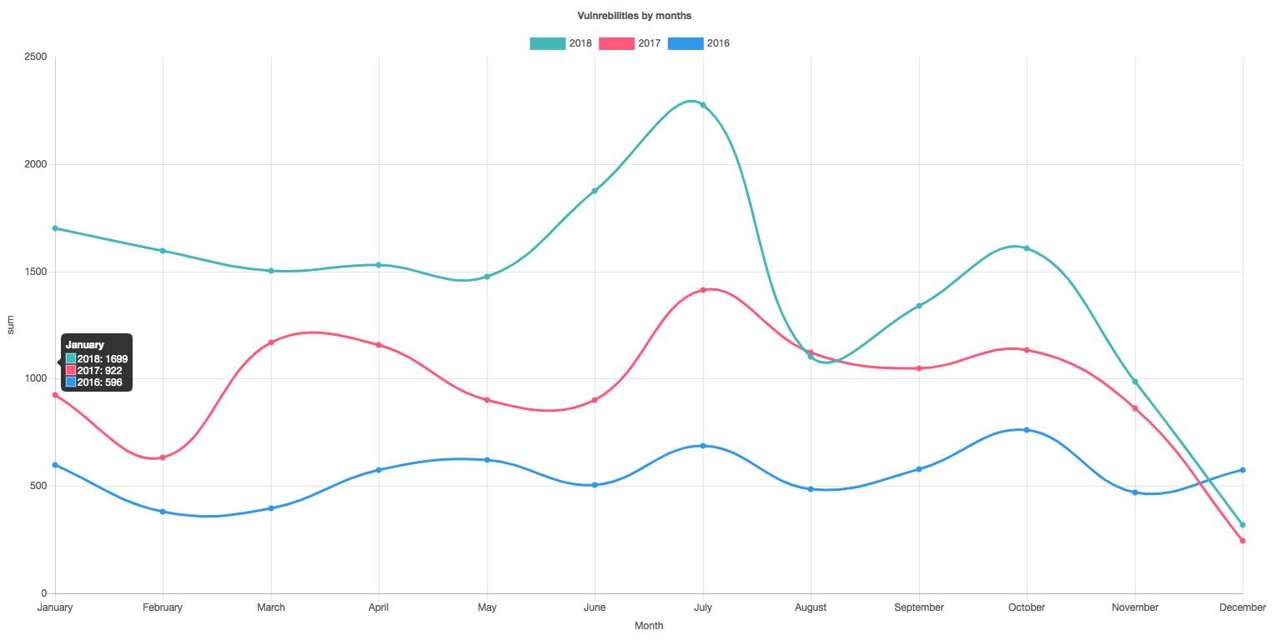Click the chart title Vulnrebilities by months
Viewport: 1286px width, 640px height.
(634, 16)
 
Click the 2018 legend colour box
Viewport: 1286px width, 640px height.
(547, 43)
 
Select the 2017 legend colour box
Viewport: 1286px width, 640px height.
(616, 43)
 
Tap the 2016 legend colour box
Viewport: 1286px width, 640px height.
(686, 43)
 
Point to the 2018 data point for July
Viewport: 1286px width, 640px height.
(703, 105)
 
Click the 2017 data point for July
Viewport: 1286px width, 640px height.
(703, 290)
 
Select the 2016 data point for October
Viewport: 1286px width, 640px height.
(1027, 430)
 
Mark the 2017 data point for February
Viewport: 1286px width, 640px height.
(163, 457)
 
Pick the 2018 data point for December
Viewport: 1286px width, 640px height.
(1243, 525)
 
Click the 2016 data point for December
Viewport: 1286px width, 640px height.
(1243, 470)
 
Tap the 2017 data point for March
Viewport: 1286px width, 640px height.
(271, 342)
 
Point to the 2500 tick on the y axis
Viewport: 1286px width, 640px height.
(34, 57)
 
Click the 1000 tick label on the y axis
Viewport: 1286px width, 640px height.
(34, 378)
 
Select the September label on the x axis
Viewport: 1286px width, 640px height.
(918, 607)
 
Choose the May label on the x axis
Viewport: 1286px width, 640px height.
(487, 607)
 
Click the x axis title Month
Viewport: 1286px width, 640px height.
(649, 626)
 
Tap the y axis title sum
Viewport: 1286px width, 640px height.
(10, 326)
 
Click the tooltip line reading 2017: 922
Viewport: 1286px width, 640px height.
(99, 370)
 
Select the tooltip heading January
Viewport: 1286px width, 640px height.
(85, 345)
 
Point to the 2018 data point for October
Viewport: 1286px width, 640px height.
(1027, 248)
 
